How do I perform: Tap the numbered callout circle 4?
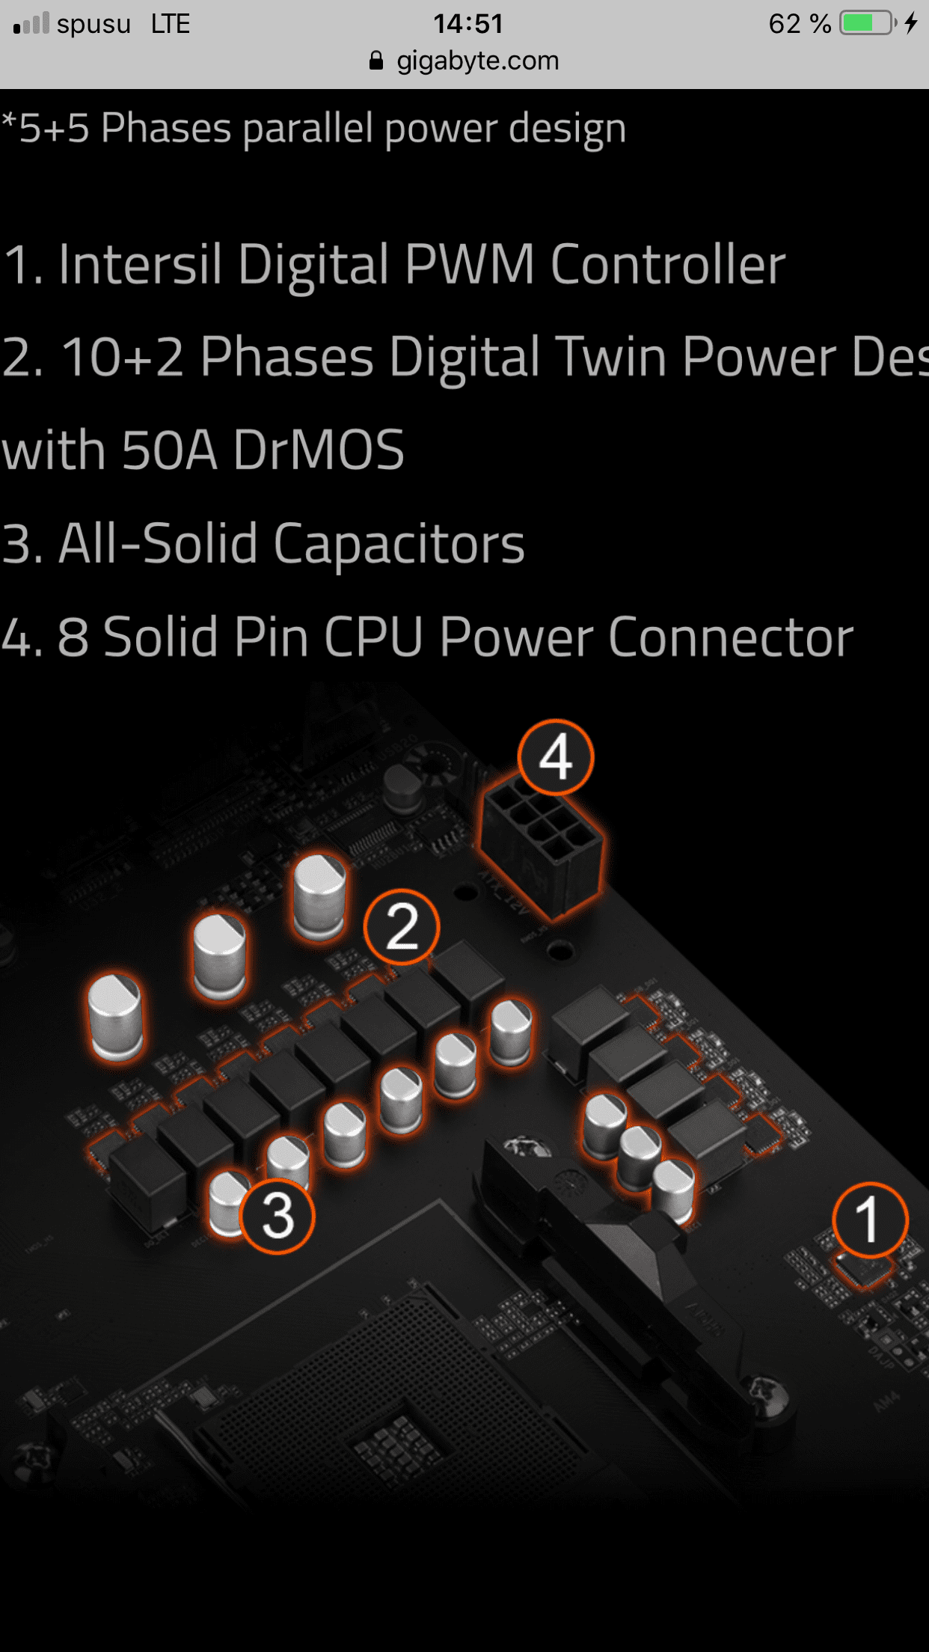tap(556, 757)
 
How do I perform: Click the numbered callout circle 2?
tap(402, 927)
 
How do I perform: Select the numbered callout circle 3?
tap(278, 1216)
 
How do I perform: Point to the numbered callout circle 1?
tap(870, 1220)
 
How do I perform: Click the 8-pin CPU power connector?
tap(542, 845)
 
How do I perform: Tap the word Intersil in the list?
tap(140, 264)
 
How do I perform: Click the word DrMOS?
tap(319, 450)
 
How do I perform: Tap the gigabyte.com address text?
tap(478, 61)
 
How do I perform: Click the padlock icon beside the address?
tap(376, 61)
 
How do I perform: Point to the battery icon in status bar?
tap(868, 23)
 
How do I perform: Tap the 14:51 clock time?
tap(468, 24)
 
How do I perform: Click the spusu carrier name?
tap(93, 24)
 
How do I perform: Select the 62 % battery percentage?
tap(800, 24)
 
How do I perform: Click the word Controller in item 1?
tap(668, 264)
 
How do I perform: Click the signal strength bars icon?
tap(31, 24)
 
